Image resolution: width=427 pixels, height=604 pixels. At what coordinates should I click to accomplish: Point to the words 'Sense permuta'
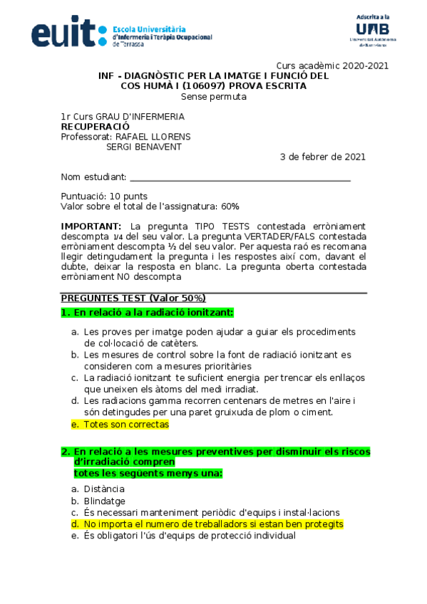(213, 97)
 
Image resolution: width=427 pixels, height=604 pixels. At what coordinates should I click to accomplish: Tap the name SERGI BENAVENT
(143, 147)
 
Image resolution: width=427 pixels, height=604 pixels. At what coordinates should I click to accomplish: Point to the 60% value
(230, 207)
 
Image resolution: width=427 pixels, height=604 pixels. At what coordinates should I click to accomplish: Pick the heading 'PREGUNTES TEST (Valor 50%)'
(133, 298)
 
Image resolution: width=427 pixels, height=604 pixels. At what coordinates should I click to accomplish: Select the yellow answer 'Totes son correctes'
(126, 425)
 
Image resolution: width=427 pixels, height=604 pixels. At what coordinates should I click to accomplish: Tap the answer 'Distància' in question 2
(104, 489)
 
